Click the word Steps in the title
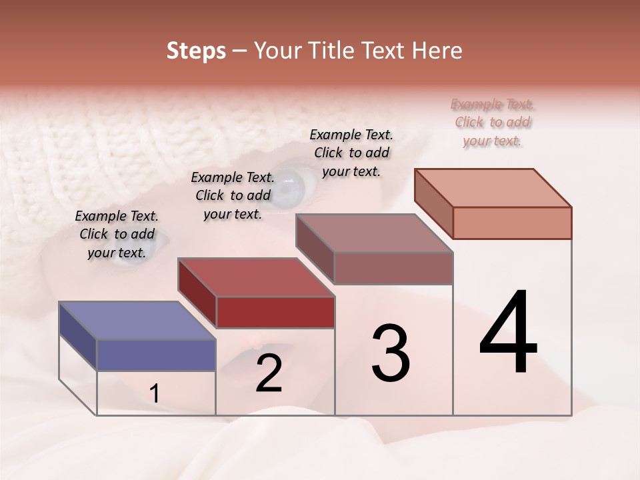tap(196, 51)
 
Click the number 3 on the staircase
tap(391, 353)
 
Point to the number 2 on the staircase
tap(269, 373)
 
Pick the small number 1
tap(155, 393)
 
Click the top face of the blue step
tap(137, 321)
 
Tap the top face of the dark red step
tap(256, 277)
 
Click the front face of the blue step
tap(156, 355)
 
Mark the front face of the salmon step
tap(512, 223)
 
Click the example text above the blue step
tap(117, 234)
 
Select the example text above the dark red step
tap(233, 195)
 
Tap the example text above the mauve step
tap(351, 153)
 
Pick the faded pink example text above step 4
tap(493, 122)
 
